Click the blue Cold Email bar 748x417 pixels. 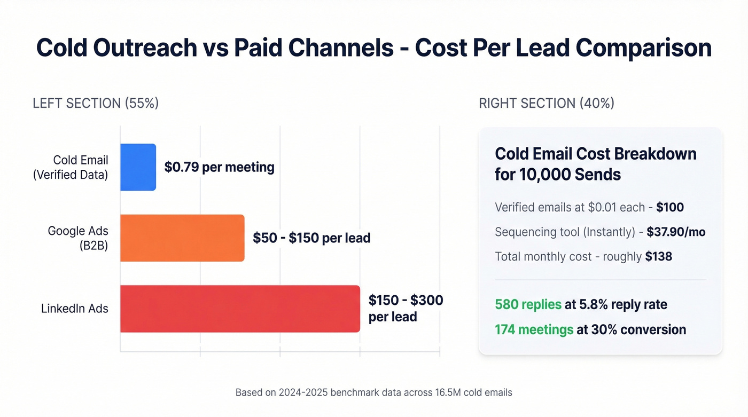[x=138, y=167]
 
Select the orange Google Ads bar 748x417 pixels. [x=182, y=238]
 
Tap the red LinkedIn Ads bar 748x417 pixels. [x=240, y=309]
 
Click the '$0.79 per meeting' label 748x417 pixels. [x=219, y=167]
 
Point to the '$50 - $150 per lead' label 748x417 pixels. [x=311, y=238]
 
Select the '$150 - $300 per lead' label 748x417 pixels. [x=406, y=308]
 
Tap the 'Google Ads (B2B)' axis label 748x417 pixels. [x=78, y=238]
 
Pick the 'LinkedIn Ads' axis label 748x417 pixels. [x=75, y=309]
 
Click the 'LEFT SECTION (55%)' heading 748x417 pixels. [x=96, y=103]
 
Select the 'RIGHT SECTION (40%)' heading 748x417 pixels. [x=547, y=103]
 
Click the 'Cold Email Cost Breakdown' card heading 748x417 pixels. [x=595, y=164]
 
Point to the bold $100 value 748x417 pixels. [x=670, y=207]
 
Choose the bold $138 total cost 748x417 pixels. [x=658, y=256]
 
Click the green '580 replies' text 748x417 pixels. [x=528, y=304]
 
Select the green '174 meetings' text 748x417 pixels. [x=534, y=329]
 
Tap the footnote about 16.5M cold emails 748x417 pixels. [x=373, y=392]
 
